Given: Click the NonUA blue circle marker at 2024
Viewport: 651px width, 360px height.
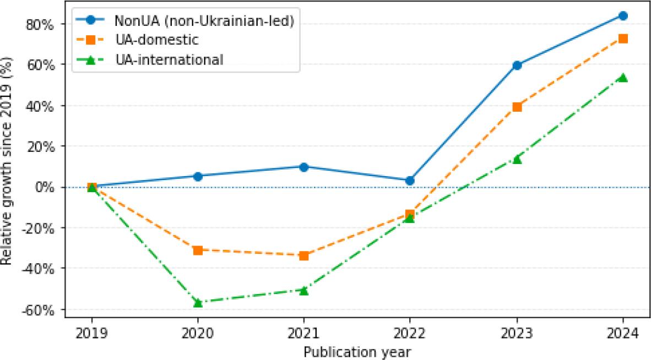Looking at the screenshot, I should click(623, 16).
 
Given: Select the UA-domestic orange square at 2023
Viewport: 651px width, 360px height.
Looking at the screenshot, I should click(517, 107).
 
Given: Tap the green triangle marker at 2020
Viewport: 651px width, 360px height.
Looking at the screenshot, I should click(198, 302).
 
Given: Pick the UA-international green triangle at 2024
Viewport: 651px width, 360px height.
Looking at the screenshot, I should click(623, 78).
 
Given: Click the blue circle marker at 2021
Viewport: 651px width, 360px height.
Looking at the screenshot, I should click(303, 167).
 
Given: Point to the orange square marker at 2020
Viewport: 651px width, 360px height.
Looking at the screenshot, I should click(198, 250).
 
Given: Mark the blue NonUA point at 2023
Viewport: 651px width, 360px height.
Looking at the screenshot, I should click(517, 66).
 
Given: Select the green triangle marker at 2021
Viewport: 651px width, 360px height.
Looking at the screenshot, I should click(303, 290).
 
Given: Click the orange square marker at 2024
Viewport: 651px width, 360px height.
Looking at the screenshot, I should click(623, 39).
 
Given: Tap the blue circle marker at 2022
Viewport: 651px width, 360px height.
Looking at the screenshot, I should click(410, 181).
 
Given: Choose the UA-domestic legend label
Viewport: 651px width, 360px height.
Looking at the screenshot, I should click(156, 40).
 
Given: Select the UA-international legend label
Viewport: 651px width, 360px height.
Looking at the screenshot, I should click(169, 59).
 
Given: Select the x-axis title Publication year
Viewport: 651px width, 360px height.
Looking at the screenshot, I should click(357, 350).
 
